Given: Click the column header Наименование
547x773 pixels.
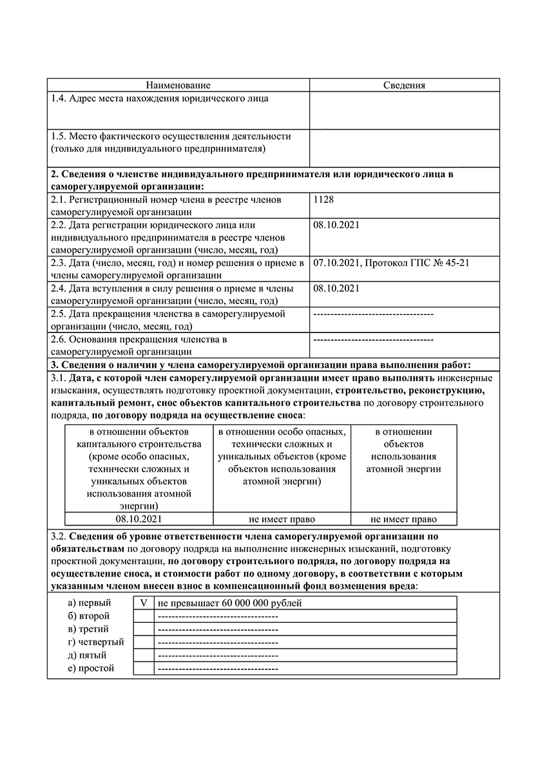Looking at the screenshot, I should click(178, 85).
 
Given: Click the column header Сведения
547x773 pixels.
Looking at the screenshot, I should click(404, 85).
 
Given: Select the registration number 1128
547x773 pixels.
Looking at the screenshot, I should click(323, 200).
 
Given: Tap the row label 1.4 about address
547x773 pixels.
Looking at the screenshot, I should click(160, 99).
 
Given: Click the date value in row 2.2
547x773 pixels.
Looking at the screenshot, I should click(336, 225).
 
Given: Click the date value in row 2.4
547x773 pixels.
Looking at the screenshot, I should click(336, 288).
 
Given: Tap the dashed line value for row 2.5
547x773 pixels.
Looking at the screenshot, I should click(373, 314).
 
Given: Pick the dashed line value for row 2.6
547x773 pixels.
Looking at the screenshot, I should click(373, 339).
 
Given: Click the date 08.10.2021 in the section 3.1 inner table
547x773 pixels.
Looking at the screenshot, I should click(139, 519).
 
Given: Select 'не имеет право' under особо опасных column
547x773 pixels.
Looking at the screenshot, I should click(282, 519).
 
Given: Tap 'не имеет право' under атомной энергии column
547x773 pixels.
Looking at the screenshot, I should click(404, 519).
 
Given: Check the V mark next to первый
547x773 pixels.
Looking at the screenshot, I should click(144, 603).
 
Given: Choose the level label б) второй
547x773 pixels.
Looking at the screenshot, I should click(89, 616).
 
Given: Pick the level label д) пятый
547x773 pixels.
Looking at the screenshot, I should click(87, 655).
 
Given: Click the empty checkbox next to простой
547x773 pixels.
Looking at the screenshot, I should click(144, 669).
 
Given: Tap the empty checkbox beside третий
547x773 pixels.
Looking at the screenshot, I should click(144, 629).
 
